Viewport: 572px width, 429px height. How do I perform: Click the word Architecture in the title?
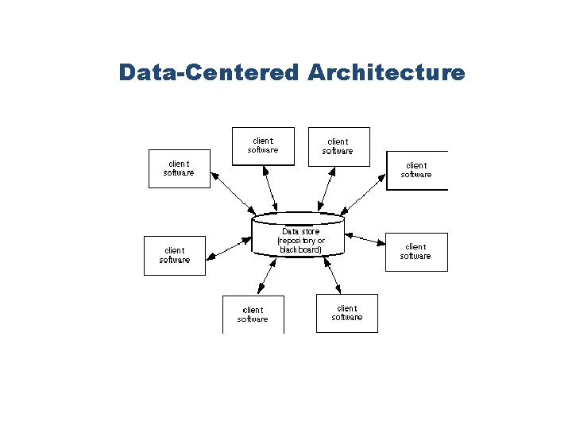tap(386, 73)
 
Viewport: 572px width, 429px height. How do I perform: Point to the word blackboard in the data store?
tap(301, 249)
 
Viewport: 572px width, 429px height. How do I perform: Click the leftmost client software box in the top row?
tap(263, 146)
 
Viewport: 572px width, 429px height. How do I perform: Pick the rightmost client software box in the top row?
tap(338, 146)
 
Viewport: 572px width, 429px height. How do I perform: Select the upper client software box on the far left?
tap(180, 168)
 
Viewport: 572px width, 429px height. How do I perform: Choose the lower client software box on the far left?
tap(174, 255)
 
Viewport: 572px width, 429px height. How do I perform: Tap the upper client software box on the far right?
tap(416, 170)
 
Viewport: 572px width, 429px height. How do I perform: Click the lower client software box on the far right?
tap(416, 252)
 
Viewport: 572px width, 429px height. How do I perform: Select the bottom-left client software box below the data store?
tap(253, 315)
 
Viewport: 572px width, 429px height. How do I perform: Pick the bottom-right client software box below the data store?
tap(346, 313)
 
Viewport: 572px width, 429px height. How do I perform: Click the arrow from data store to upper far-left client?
tap(234, 194)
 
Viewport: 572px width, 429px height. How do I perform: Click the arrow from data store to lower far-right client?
tap(366, 242)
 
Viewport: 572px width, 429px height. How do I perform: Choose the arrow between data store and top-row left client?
tap(271, 190)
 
